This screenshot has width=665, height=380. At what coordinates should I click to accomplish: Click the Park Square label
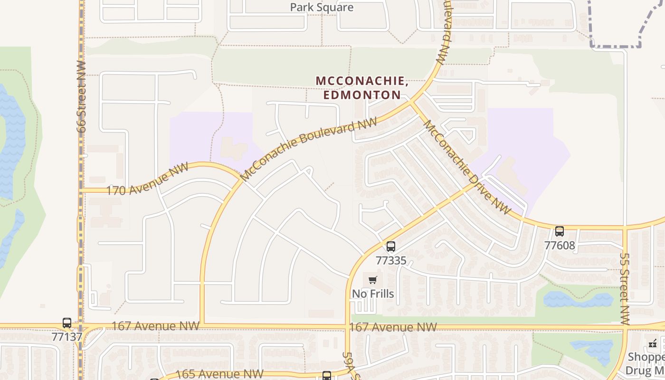click(x=322, y=7)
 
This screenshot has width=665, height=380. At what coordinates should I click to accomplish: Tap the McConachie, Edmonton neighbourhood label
click(x=362, y=88)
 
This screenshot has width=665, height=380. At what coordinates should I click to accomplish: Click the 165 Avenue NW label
click(x=219, y=374)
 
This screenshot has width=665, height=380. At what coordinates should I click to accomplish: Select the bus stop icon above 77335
click(x=391, y=247)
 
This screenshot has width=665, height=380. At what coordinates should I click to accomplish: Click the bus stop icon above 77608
click(x=560, y=231)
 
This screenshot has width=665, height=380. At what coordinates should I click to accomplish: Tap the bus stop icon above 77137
click(x=67, y=323)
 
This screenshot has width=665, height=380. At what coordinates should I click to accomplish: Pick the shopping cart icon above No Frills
click(x=373, y=280)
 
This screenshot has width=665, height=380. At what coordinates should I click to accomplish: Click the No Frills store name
click(x=373, y=294)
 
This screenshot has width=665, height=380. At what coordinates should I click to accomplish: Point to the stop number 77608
click(x=560, y=246)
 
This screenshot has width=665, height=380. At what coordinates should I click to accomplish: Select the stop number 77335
click(x=391, y=260)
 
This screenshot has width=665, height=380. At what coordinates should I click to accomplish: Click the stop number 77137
click(x=67, y=337)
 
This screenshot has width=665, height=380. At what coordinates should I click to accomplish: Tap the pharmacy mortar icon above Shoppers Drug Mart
click(x=653, y=343)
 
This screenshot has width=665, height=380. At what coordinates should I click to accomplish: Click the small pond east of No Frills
click(x=578, y=300)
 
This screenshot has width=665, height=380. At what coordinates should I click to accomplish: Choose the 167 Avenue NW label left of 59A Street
click(x=155, y=326)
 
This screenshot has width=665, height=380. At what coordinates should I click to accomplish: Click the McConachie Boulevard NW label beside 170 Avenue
click(x=309, y=149)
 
